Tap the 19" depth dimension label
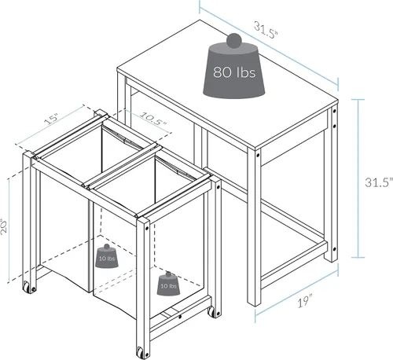click(x=305, y=301)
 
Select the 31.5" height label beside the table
click(x=379, y=182)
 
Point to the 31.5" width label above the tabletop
click(x=266, y=31)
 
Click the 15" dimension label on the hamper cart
click(x=52, y=119)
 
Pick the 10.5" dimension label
click(x=153, y=119)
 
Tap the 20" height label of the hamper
click(x=4, y=226)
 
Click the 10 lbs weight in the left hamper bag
click(x=106, y=256)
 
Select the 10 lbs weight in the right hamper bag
click(x=168, y=283)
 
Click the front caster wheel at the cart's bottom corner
click(x=140, y=352)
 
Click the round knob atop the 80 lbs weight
click(x=234, y=41)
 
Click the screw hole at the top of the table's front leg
click(x=258, y=156)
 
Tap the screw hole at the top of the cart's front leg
click(x=147, y=228)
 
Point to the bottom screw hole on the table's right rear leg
click(x=334, y=249)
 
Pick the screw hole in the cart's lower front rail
click(x=180, y=317)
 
